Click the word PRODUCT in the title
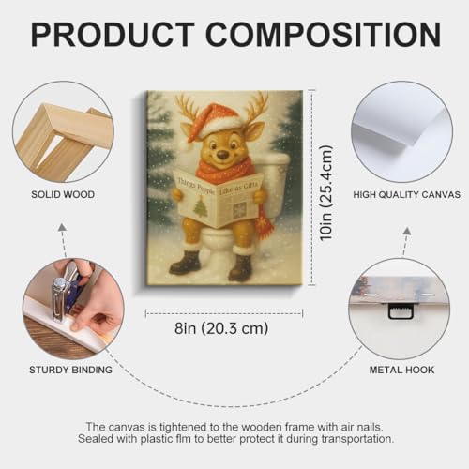(113, 35)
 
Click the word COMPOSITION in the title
(324, 35)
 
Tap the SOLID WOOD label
(63, 194)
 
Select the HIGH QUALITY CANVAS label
(407, 194)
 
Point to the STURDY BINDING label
(70, 370)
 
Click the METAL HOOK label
(401, 370)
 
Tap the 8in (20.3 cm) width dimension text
(221, 328)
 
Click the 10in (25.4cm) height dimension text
(326, 192)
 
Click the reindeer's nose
(222, 155)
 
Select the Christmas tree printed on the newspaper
(201, 207)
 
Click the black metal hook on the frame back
(401, 311)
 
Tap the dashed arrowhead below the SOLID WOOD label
(63, 227)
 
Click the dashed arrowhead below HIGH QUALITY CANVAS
(407, 231)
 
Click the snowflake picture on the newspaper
(240, 210)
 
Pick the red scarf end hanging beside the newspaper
(264, 222)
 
